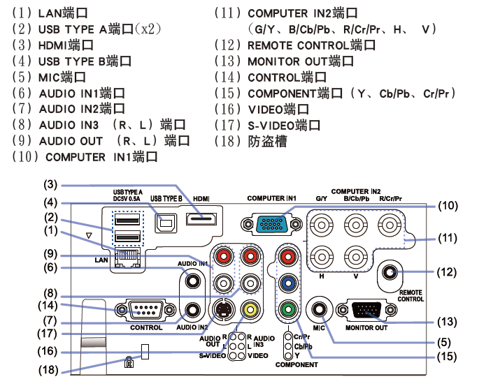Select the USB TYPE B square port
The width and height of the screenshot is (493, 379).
tap(166, 221)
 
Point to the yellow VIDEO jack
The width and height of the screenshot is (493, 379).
tap(248, 308)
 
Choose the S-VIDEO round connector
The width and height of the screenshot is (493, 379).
tap(222, 308)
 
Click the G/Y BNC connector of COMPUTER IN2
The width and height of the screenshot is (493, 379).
tap(322, 225)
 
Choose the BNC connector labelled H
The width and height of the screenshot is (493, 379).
tap(322, 256)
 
